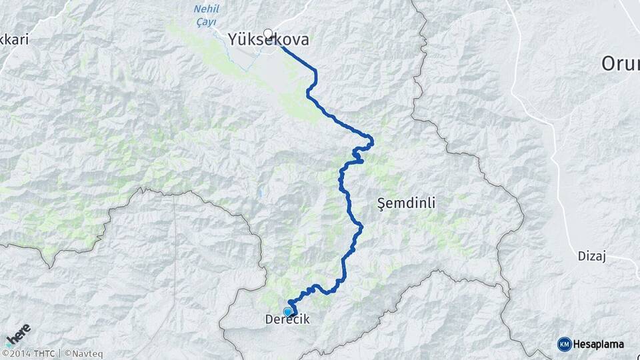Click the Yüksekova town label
269,40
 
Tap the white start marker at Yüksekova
268,33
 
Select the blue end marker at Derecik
288,311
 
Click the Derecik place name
287,320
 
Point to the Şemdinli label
406,203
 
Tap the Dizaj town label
591,256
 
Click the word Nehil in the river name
205,9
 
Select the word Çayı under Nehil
205,21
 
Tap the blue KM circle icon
564,344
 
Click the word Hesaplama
599,345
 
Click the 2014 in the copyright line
20,353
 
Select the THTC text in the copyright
45,353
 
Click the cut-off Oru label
620,64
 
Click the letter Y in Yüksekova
233,40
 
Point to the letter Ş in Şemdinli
381,203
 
